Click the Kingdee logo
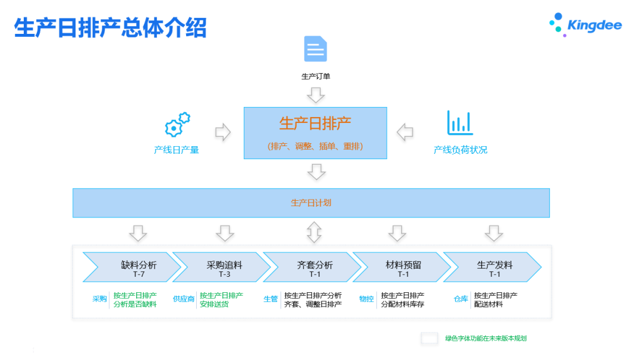(x=585, y=25)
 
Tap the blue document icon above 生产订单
(x=316, y=49)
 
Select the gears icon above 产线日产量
(x=177, y=125)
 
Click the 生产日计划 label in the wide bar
(x=311, y=203)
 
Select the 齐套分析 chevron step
(x=313, y=267)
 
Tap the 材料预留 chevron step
(x=402, y=267)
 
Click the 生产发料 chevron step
(x=493, y=267)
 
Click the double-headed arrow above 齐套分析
(x=315, y=232)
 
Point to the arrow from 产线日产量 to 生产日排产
(x=223, y=132)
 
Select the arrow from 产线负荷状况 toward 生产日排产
(x=405, y=132)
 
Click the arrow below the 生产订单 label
(x=316, y=95)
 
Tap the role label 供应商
(x=184, y=299)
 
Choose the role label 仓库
(x=461, y=299)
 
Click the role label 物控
(x=367, y=299)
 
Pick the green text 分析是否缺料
(x=135, y=304)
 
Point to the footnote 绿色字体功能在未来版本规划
(x=486, y=339)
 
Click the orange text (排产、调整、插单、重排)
(x=315, y=146)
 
